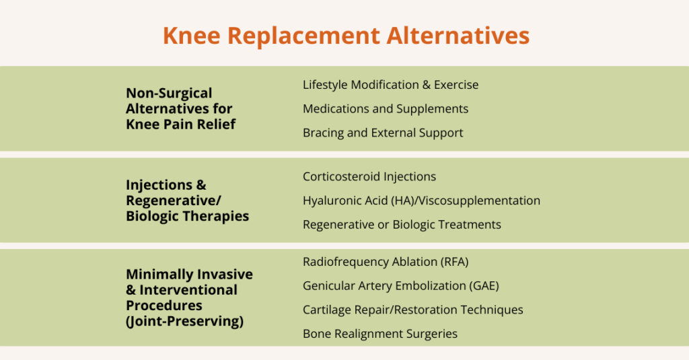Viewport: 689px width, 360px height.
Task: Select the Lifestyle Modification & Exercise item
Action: point(390,85)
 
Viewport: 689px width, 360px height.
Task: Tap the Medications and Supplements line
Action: point(386,108)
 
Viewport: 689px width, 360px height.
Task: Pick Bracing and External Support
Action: point(383,133)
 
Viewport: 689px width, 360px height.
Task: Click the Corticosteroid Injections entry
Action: point(369,176)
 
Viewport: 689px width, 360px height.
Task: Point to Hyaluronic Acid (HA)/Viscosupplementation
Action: point(421,201)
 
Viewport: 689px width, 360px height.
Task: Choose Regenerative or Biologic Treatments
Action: point(402,224)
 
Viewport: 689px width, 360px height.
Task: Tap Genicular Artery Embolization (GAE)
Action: point(401,286)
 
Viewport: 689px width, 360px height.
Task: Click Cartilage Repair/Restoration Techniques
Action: point(412,310)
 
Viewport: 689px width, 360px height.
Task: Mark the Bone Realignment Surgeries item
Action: point(380,333)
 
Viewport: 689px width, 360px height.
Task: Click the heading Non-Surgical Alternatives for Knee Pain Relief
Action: point(180,108)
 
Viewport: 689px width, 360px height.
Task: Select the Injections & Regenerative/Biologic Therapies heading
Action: point(187,201)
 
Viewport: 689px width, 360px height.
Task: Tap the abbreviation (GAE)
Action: point(484,286)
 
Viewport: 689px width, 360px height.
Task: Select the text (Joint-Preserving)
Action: point(184,321)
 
